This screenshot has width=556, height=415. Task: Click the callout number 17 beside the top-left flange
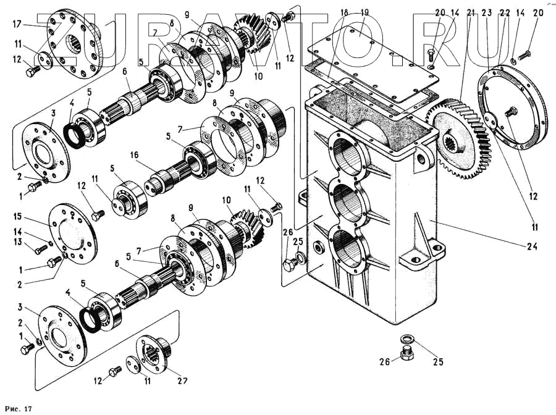click(x=17, y=25)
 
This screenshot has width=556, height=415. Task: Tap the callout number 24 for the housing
click(x=532, y=246)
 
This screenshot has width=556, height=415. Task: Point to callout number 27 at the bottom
click(x=182, y=380)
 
